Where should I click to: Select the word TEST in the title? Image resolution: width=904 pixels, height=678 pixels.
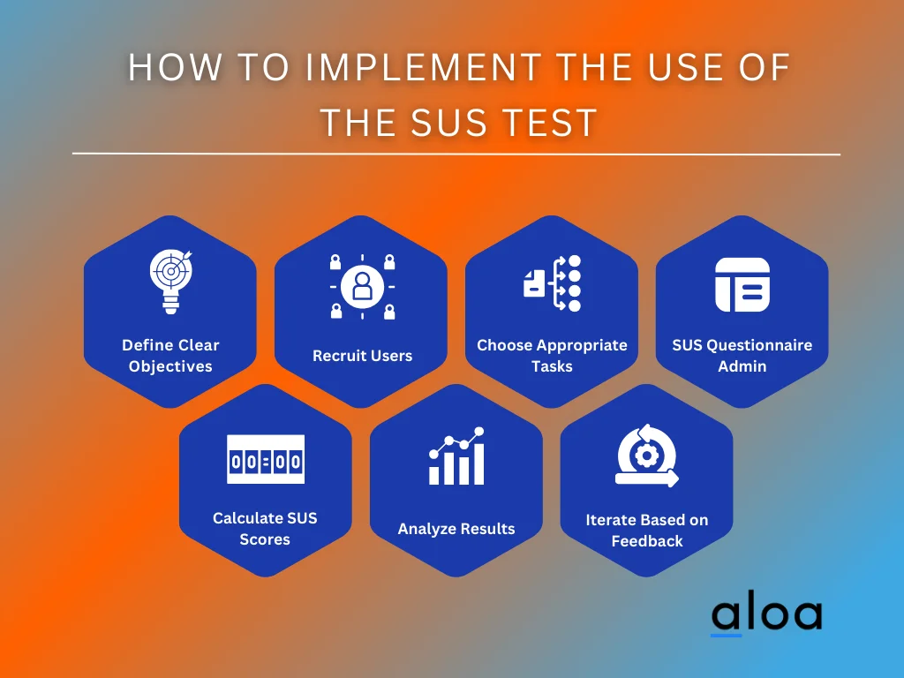click(554, 122)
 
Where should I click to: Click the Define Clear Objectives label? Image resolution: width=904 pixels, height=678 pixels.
click(170, 355)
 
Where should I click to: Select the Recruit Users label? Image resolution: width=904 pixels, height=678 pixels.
click(362, 356)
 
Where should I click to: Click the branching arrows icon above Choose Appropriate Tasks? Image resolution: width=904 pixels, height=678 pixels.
click(553, 283)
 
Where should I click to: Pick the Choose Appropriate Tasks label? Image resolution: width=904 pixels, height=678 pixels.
click(553, 355)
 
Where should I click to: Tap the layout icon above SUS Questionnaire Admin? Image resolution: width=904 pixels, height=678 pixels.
click(742, 284)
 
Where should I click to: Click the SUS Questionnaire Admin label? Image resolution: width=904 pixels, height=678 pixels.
click(742, 355)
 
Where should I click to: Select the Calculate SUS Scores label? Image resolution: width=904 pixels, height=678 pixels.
click(265, 528)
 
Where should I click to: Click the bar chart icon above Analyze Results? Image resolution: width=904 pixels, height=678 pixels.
click(456, 456)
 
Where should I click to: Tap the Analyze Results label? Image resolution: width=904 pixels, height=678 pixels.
click(456, 529)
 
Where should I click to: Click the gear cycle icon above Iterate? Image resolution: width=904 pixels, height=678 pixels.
click(647, 456)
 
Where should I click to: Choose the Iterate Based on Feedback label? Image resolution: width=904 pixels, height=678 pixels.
click(647, 530)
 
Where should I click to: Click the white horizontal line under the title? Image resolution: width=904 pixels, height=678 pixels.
click(456, 154)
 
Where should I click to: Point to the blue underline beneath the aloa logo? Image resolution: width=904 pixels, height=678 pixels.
click(727, 635)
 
